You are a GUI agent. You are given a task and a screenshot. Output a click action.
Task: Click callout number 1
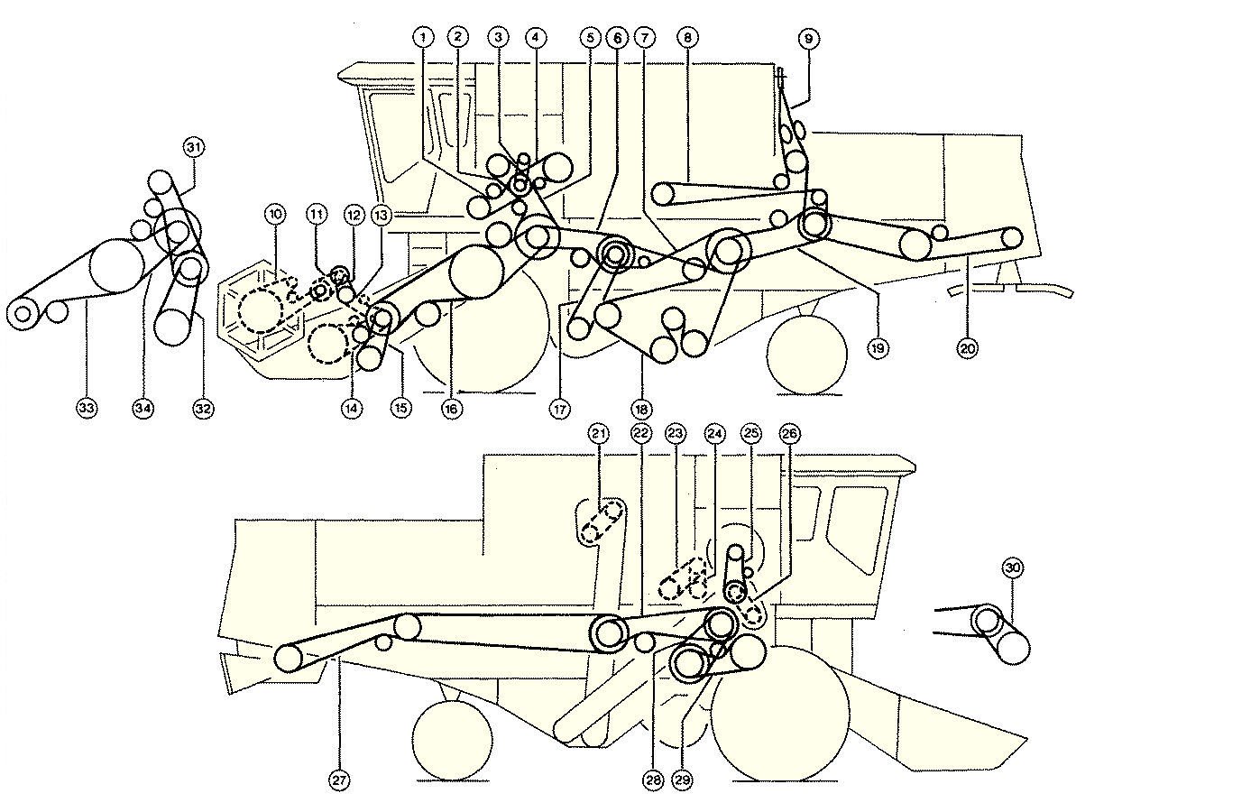[x=423, y=37]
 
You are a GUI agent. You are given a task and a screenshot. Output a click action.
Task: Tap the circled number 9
[x=808, y=38]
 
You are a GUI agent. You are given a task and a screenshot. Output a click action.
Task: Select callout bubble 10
[x=275, y=214]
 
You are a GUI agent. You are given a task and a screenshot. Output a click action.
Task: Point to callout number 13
[x=382, y=215]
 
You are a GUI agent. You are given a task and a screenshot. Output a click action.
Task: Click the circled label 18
[x=642, y=409]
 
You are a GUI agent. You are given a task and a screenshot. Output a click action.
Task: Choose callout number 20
[x=967, y=347]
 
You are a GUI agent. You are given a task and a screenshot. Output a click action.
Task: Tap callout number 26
[x=789, y=434]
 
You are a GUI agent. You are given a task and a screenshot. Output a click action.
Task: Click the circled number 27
[x=338, y=781]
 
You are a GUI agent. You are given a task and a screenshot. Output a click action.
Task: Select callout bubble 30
[x=1012, y=567]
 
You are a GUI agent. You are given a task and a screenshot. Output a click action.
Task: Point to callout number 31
[x=194, y=147]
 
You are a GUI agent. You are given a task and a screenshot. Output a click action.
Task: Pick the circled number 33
[x=87, y=409]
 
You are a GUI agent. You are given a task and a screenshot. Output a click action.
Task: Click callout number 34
[x=143, y=409]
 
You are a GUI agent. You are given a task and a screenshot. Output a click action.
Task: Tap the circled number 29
[x=683, y=781]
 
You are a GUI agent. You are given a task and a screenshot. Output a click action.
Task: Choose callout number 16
[x=452, y=409]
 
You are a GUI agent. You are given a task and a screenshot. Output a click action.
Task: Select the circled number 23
[x=676, y=434]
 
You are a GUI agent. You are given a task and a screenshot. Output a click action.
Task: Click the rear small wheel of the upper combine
[x=807, y=354]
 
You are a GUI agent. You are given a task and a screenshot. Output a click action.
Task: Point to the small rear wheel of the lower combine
[x=452, y=733]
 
